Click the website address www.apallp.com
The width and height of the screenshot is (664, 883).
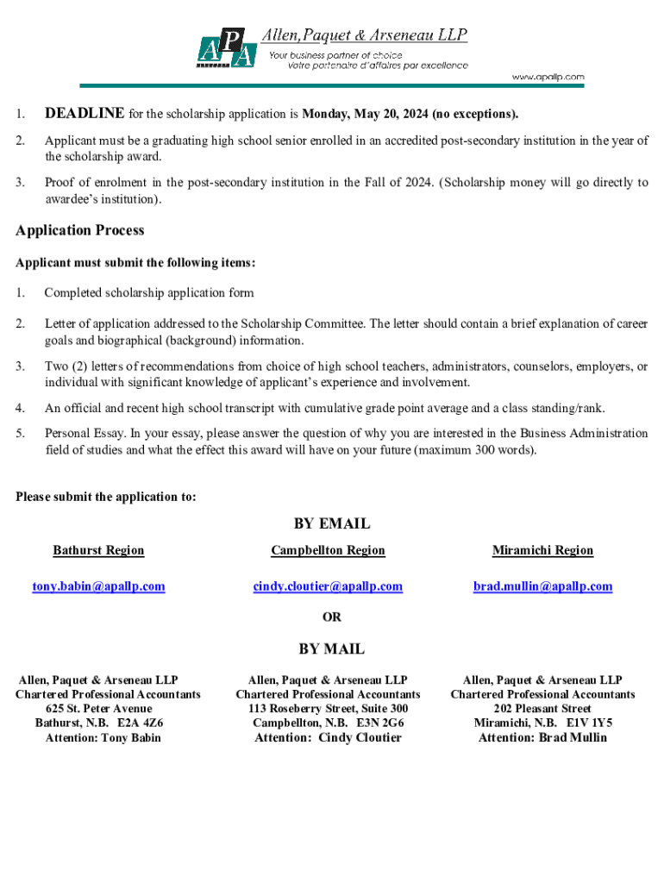(548, 78)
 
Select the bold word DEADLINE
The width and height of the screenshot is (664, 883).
(85, 114)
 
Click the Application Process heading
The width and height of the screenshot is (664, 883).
(80, 230)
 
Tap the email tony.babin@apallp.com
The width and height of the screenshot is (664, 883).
(98, 586)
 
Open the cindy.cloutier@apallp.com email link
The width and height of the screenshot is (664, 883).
(328, 586)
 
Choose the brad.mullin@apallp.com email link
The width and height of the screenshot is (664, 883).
(542, 586)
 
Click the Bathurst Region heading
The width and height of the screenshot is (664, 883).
(98, 550)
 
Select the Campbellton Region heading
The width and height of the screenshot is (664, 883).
(328, 550)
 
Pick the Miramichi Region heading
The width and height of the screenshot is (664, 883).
(542, 550)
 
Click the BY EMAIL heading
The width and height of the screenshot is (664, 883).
(332, 523)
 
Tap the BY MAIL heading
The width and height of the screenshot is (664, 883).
(332, 648)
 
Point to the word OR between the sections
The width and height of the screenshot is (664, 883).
(332, 617)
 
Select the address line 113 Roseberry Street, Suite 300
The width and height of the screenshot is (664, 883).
(328, 709)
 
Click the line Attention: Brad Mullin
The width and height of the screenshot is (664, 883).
(542, 737)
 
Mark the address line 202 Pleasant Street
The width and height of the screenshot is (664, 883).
(542, 709)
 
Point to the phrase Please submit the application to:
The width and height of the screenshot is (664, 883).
(106, 497)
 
